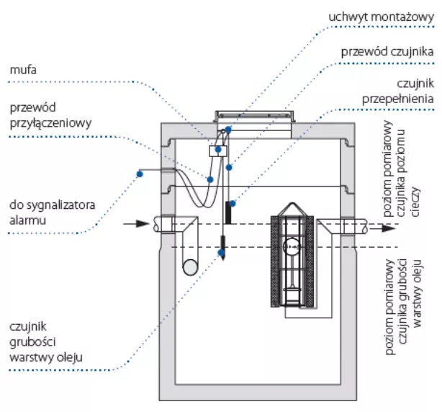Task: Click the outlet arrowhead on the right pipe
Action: [389, 228]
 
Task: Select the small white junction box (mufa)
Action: [217, 151]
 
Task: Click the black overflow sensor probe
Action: [230, 212]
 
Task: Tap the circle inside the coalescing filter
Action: [292, 250]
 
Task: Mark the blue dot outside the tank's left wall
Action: [140, 174]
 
